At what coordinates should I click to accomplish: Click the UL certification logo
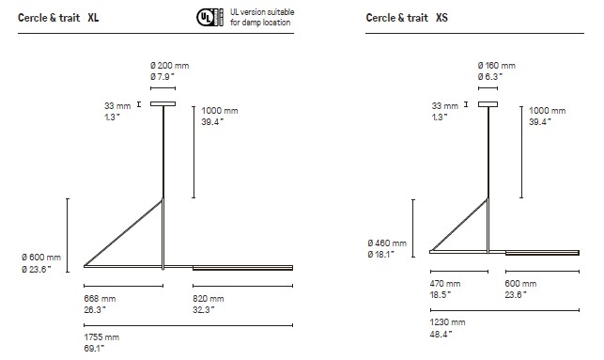click(209, 17)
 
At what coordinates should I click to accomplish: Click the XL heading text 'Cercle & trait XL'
click(58, 18)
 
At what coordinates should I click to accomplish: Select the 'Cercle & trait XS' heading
click(407, 18)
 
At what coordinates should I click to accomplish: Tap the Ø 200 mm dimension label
click(169, 66)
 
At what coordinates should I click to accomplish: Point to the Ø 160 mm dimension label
click(497, 66)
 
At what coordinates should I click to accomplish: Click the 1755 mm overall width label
click(101, 337)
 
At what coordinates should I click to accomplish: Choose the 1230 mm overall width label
click(448, 322)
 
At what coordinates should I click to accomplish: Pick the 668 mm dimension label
click(100, 299)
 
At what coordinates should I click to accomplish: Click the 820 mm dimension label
click(209, 299)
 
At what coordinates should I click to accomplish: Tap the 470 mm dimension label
click(445, 284)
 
